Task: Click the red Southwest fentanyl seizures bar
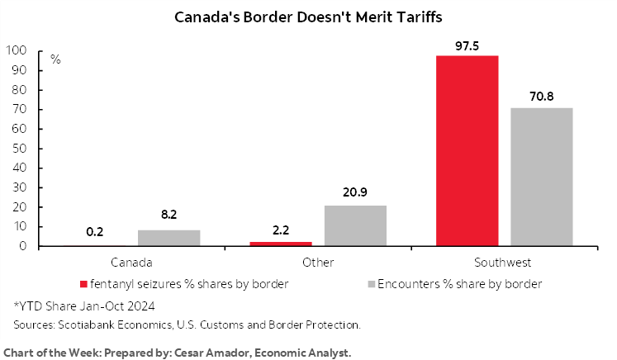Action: point(467,150)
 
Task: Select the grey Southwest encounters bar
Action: point(541,177)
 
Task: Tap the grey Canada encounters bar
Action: point(168,238)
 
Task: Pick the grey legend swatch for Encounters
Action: point(372,285)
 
